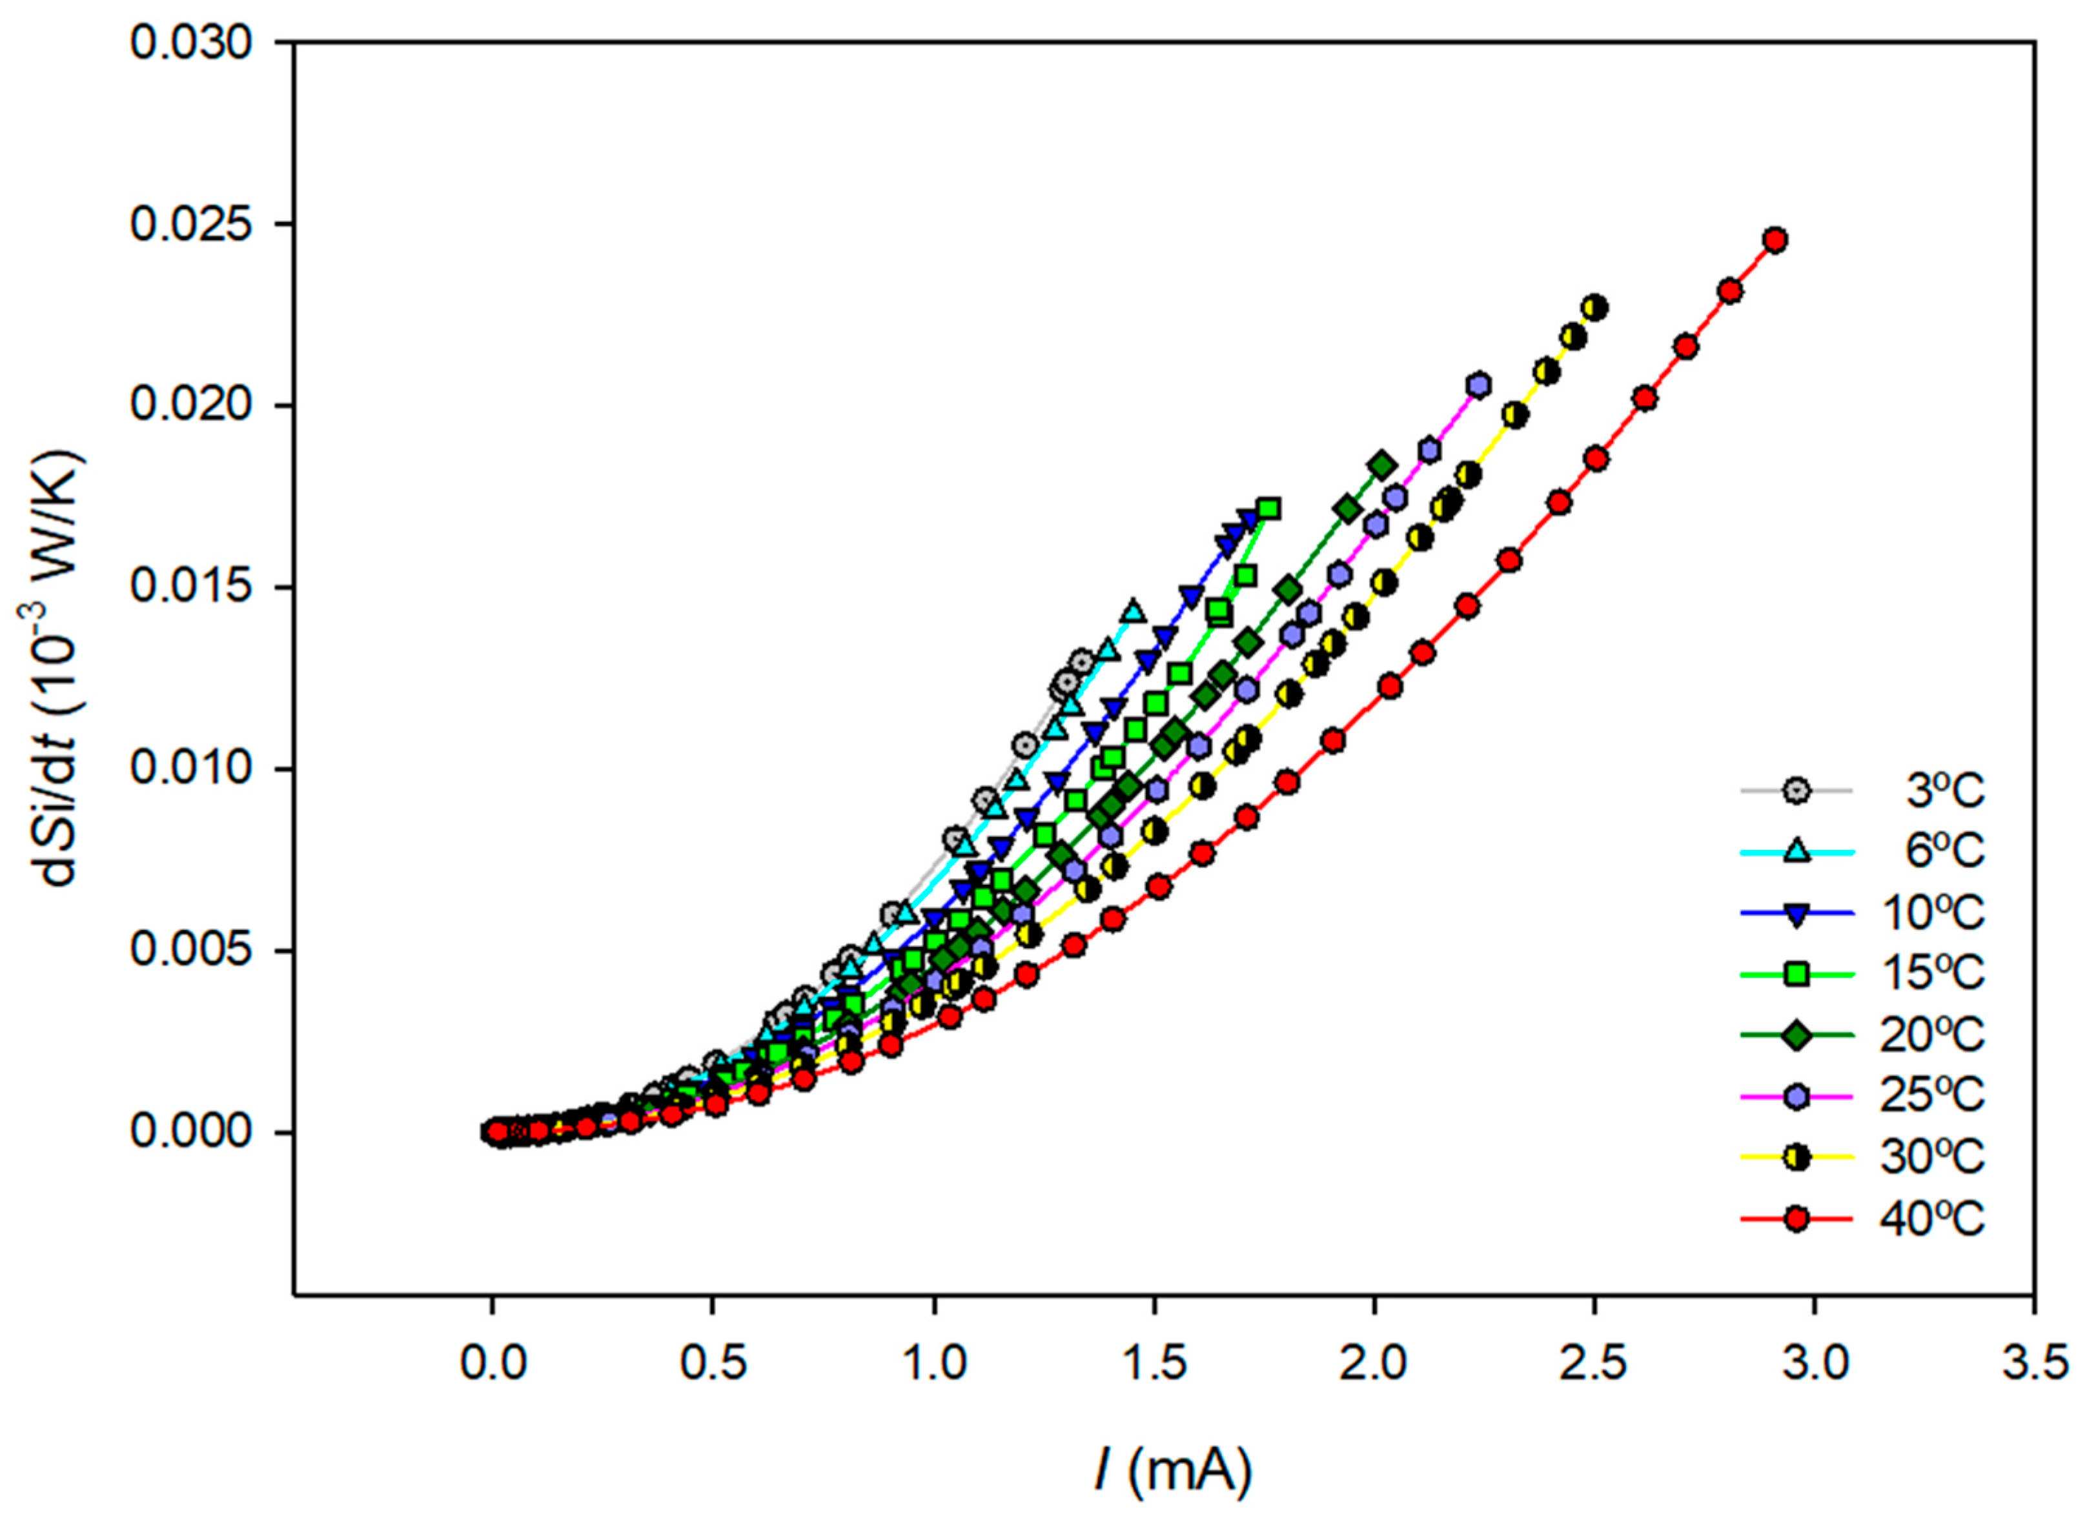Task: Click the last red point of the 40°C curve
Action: click(x=1775, y=240)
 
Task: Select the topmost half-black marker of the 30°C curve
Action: click(x=1595, y=307)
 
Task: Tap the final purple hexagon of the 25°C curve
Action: click(x=1478, y=385)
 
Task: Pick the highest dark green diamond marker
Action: click(x=1382, y=465)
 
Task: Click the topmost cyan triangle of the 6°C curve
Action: click(x=1133, y=611)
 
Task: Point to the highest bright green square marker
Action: click(x=1268, y=509)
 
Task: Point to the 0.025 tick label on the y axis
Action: click(x=190, y=225)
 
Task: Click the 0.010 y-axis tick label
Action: click(x=190, y=769)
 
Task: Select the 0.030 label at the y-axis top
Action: click(x=190, y=43)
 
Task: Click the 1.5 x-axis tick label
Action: click(x=1153, y=1363)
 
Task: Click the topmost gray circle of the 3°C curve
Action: click(x=1081, y=661)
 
